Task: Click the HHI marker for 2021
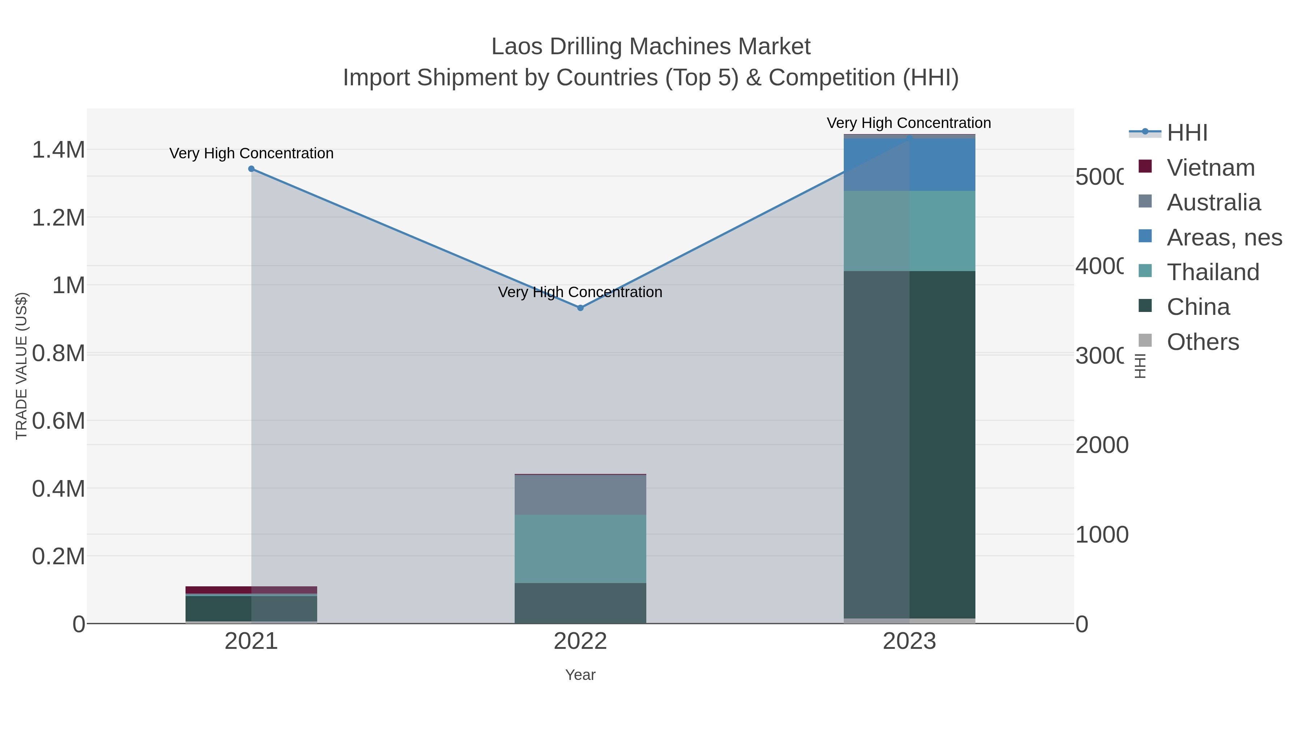click(251, 169)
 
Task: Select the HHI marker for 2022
click(580, 308)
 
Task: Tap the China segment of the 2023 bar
click(909, 445)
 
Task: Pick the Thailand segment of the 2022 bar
click(580, 549)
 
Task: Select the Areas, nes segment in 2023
click(909, 165)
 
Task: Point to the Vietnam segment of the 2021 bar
click(251, 590)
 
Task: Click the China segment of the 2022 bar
click(580, 603)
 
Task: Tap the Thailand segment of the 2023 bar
click(909, 231)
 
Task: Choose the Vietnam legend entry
click(1210, 168)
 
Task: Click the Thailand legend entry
click(1213, 272)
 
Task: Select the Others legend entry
click(1203, 342)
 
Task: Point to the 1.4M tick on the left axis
click(58, 150)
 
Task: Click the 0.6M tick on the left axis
click(58, 421)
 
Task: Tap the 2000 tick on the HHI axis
click(1101, 445)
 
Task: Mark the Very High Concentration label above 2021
click(251, 153)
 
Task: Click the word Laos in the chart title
click(516, 47)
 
